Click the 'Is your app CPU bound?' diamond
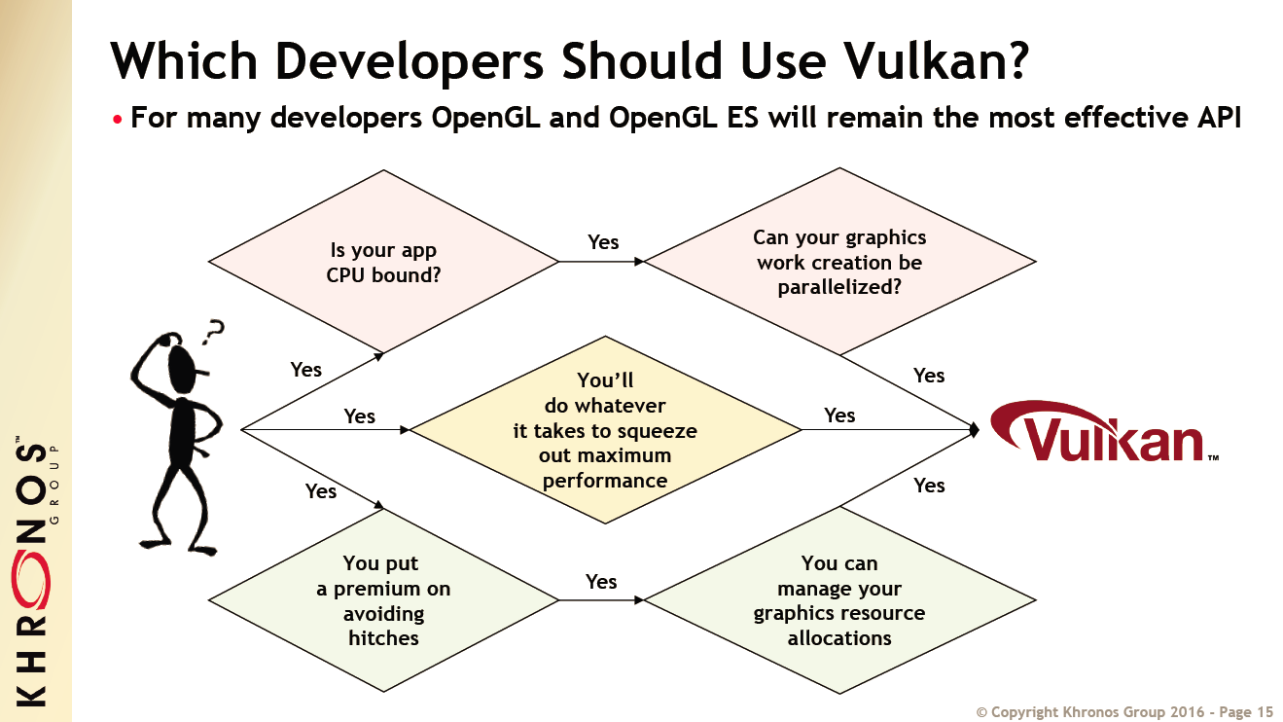(383, 261)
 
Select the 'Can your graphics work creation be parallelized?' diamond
(839, 262)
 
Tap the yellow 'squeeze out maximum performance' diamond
(605, 430)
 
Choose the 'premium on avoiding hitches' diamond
(383, 600)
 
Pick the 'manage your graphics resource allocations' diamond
(839, 600)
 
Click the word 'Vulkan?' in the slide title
(935, 60)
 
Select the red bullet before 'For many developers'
(118, 120)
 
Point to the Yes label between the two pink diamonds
(603, 242)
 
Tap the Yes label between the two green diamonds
(601, 582)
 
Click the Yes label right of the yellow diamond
(839, 415)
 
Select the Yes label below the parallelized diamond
(929, 376)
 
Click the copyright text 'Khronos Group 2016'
(1108, 712)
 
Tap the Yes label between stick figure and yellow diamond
(359, 416)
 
